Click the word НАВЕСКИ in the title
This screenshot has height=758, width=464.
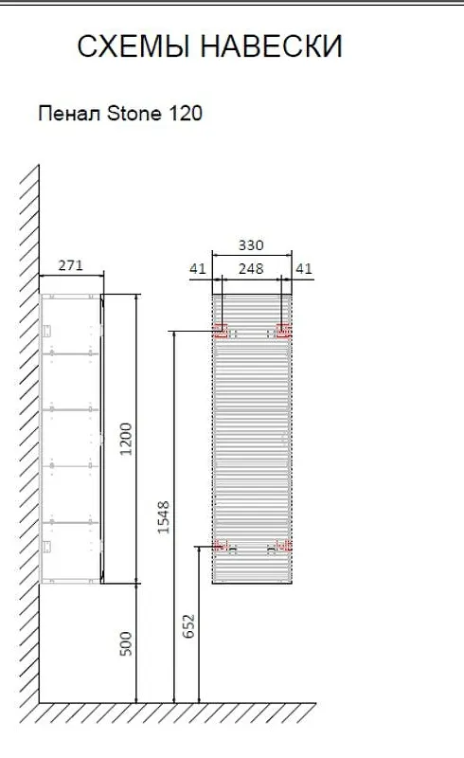point(271,46)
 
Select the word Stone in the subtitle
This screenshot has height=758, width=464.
point(134,114)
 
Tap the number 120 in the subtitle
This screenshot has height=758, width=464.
point(185,114)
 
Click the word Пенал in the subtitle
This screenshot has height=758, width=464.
point(70,114)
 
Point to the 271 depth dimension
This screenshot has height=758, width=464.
point(71,265)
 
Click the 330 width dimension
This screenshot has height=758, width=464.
point(251,245)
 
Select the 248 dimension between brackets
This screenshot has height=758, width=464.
point(251,268)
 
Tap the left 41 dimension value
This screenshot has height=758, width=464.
point(198,268)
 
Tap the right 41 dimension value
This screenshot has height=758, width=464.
point(304,268)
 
